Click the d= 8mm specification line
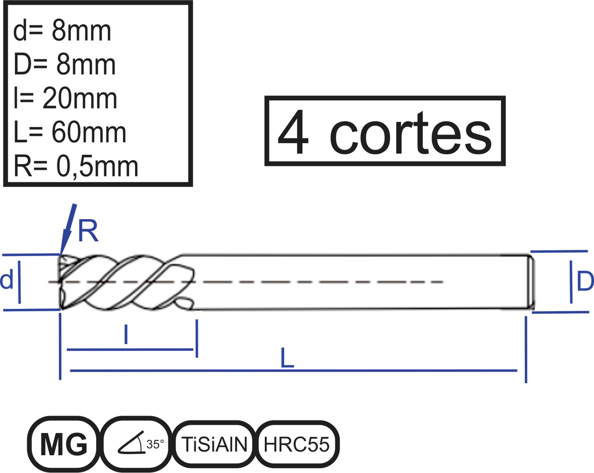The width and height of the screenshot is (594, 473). coord(62,31)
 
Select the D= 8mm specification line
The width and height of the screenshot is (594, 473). coord(64,64)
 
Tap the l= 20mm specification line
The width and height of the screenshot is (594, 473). coord(65,99)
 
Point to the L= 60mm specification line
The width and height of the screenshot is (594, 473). coord(70,132)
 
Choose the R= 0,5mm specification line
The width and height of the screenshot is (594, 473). coord(76,166)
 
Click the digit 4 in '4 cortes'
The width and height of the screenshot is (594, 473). coord(293,132)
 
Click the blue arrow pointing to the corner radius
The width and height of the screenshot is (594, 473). coord(68,230)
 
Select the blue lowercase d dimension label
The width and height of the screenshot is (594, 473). coord(6,281)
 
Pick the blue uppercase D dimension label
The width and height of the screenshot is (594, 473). coord(585,282)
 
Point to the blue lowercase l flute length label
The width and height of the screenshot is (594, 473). coord(126,334)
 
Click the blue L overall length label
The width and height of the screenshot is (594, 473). coord(287,358)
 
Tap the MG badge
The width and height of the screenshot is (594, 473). coord(63,444)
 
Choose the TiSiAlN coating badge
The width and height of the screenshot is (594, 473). coord(215,444)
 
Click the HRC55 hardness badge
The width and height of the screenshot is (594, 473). coord(298,444)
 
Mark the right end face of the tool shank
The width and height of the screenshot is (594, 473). coord(531,282)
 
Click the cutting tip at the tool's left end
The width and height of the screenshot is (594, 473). coord(60,282)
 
